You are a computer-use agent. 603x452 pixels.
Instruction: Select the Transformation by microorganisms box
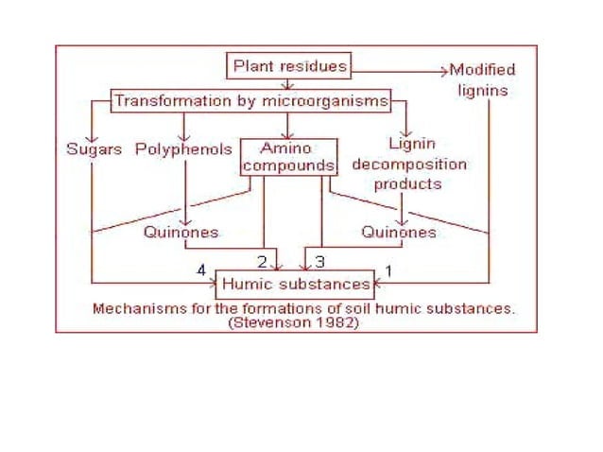pos(250,99)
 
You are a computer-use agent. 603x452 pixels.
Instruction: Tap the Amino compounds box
pos(287,157)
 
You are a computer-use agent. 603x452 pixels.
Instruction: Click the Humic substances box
pos(295,284)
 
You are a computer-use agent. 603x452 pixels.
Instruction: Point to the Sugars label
pos(94,149)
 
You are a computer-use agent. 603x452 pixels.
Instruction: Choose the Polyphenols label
pos(183,149)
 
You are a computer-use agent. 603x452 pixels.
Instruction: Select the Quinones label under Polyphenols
pos(181,232)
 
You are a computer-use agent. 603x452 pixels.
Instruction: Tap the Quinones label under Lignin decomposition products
pos(399,232)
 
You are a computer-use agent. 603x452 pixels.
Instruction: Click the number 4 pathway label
pos(200,270)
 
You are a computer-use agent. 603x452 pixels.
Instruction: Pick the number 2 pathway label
pos(262,260)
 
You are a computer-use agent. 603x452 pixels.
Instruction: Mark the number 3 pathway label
pos(319,260)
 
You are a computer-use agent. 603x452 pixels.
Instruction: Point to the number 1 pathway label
pos(388,271)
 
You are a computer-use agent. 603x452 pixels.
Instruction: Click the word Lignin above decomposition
pos(411,145)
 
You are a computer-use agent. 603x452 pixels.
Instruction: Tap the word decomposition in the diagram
pos(409,164)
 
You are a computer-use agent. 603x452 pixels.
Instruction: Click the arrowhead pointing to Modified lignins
pos(443,69)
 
